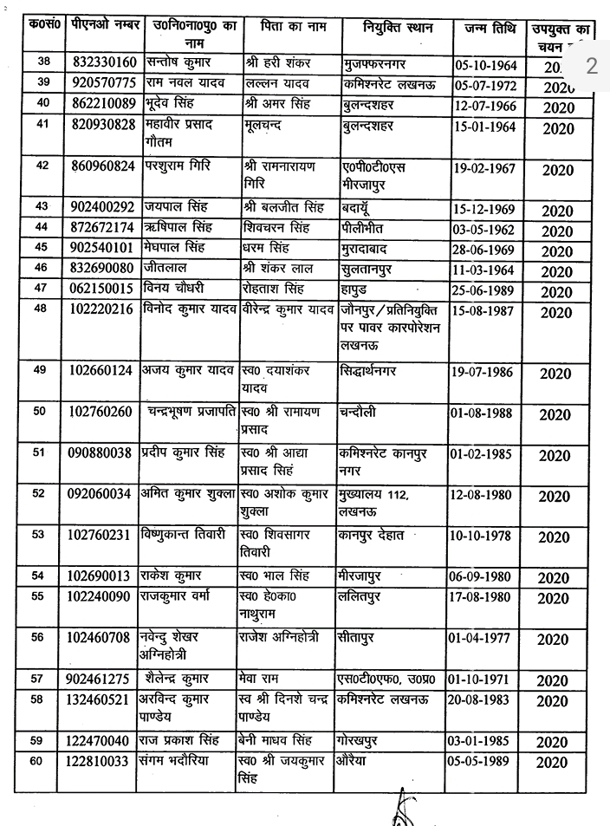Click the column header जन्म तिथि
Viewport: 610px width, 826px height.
coord(483,28)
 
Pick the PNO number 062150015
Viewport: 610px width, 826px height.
coord(102,290)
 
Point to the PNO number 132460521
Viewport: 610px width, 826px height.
coord(102,700)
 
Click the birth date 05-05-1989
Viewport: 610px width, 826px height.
coord(483,762)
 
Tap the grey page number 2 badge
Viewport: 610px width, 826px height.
coord(591,66)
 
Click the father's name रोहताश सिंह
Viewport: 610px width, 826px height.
coord(276,290)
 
